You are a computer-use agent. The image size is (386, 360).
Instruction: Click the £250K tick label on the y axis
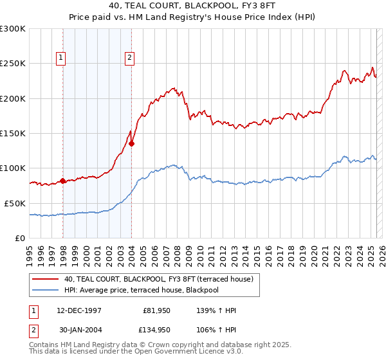pos(13,64)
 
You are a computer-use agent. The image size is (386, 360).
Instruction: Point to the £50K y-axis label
pos(15,203)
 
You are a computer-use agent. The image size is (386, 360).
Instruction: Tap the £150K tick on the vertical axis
pos(13,133)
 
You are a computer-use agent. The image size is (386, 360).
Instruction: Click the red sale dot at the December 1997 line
pos(63,181)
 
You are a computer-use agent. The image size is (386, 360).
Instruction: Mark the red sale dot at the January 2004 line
pos(132,143)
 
